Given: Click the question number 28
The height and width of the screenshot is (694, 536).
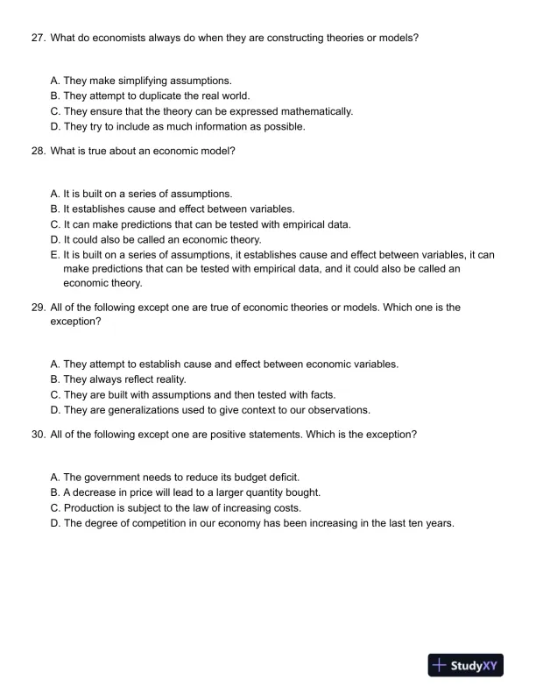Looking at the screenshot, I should (38, 151).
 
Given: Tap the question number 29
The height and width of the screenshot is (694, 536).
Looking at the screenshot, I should (38, 308).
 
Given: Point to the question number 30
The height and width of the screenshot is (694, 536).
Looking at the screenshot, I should (38, 434).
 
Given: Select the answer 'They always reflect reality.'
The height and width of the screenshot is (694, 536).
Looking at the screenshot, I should (124, 379).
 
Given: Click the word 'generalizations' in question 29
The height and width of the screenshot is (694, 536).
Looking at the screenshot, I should (136, 409).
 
